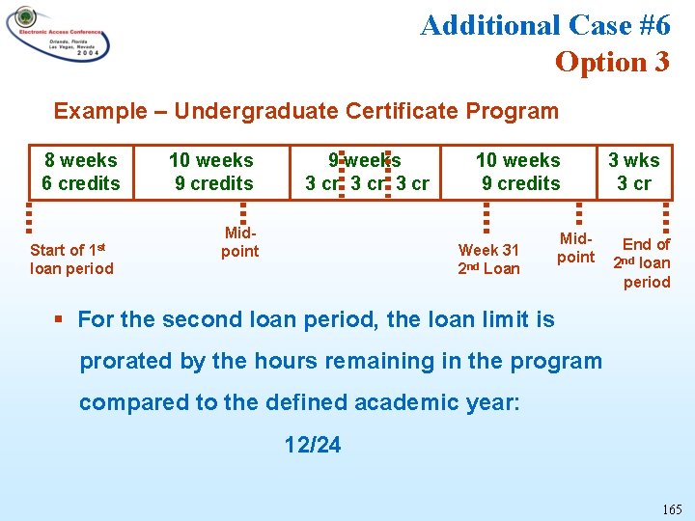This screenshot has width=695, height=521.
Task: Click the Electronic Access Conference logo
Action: tap(57, 34)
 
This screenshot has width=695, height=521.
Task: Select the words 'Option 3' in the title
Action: tap(612, 62)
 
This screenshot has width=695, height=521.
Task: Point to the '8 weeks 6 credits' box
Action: tap(81, 172)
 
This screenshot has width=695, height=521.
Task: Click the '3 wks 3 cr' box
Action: tap(633, 172)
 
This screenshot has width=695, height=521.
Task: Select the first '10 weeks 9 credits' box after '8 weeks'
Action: tap(211, 172)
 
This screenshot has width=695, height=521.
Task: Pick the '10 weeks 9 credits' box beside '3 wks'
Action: tap(518, 172)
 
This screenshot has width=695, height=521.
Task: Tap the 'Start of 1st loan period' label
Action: tap(71, 260)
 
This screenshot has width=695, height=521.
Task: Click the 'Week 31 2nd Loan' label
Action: tap(488, 260)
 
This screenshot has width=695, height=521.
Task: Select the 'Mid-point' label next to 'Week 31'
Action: tap(576, 247)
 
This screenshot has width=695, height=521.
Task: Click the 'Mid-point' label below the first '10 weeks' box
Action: tap(239, 242)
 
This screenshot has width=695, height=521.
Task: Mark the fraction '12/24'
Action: tap(312, 445)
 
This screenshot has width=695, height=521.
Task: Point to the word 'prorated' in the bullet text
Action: tap(125, 361)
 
